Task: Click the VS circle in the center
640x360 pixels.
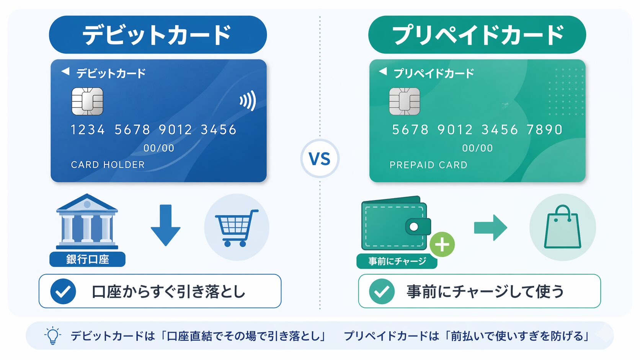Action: click(320, 159)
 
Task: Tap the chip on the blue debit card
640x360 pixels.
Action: click(87, 101)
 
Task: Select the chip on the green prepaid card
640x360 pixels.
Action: click(404, 101)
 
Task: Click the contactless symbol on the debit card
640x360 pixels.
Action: click(248, 101)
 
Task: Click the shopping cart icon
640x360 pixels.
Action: click(236, 228)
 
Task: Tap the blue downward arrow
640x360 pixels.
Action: click(165, 225)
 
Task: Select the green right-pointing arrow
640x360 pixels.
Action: click(490, 228)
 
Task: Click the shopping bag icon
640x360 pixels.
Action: click(562, 228)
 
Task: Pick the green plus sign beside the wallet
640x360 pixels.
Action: click(442, 244)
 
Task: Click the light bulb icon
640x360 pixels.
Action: click(52, 336)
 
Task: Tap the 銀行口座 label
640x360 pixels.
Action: click(87, 259)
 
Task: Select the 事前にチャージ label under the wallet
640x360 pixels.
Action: click(397, 261)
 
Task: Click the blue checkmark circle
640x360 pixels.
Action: click(63, 292)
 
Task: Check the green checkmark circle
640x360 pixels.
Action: click(382, 292)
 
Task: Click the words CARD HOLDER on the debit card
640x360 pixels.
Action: click(108, 165)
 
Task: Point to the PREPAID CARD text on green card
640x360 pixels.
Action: click(428, 165)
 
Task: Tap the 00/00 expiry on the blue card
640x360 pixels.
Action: click(158, 148)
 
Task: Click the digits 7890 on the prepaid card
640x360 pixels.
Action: click(544, 130)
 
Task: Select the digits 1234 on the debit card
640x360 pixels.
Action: click(88, 130)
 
